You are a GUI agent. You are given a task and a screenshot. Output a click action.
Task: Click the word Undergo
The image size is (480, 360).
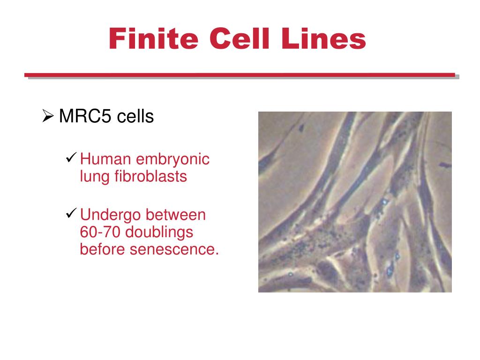tap(111, 216)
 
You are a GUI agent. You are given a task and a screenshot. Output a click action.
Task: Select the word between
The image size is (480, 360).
tap(176, 215)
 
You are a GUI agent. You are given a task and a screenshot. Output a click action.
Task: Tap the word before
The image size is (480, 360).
tap(103, 249)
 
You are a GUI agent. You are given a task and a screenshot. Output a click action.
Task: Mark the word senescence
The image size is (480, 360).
tap(174, 249)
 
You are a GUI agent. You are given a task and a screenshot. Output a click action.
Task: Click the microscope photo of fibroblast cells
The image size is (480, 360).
tap(355, 202)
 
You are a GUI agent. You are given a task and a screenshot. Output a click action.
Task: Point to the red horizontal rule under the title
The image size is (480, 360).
tap(240, 75)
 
